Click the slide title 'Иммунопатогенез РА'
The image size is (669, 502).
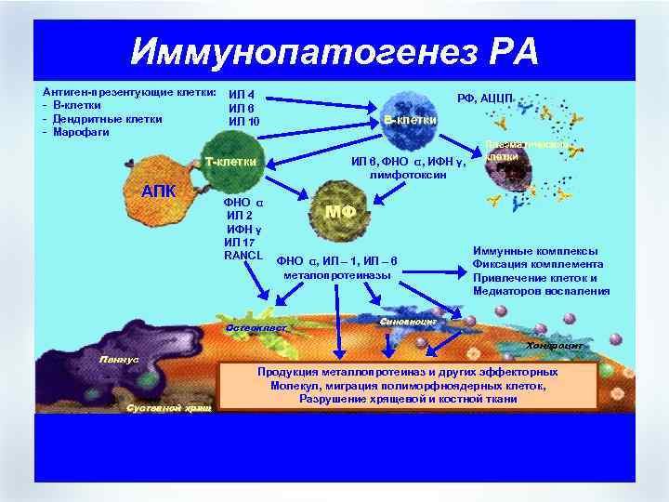(x=334, y=50)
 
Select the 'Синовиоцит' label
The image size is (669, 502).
(x=409, y=321)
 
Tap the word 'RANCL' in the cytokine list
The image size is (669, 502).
(x=244, y=256)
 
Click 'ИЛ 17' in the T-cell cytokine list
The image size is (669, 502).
(x=238, y=243)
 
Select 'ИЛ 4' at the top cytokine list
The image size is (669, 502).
(x=242, y=94)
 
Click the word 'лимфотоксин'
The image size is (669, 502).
(x=405, y=174)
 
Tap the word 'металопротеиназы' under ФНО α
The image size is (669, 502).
(x=336, y=274)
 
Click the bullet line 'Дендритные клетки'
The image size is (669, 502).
(x=108, y=119)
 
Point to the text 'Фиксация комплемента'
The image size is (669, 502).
(x=531, y=264)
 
